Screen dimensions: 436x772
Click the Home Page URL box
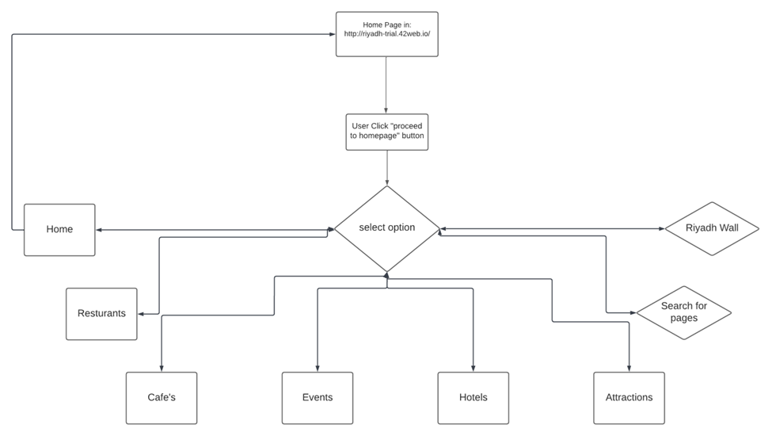pos(386,34)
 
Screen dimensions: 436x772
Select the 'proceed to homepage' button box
pos(386,132)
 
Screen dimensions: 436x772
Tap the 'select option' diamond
pos(386,228)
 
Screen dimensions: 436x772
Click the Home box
pos(59,230)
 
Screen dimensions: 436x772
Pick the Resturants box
pos(101,314)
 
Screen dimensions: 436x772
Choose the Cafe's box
pos(162,398)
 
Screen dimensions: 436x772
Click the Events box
pos(318,398)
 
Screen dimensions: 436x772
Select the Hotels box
pos(473,398)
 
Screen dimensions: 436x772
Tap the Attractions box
pos(629,398)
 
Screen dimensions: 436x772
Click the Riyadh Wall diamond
pos(712,228)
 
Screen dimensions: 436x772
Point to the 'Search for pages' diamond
pos(684,312)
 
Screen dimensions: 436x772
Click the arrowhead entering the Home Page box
pos(332,34)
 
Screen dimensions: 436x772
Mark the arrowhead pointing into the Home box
pos(100,230)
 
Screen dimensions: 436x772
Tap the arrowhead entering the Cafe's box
pos(162,369)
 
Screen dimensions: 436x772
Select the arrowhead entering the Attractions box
pos(629,369)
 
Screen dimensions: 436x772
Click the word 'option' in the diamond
pos(401,228)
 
